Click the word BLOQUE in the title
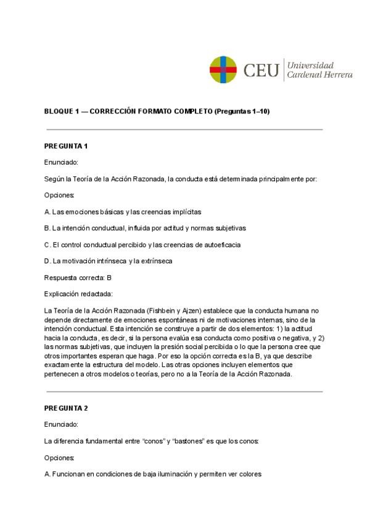pyautogui.click(x=59, y=111)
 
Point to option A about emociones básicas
pyautogui.click(x=123, y=212)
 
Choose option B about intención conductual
pyautogui.click(x=145, y=228)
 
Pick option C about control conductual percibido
pyautogui.click(x=142, y=244)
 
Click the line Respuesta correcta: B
pyautogui.click(x=78, y=278)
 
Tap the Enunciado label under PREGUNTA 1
pyautogui.click(x=61, y=162)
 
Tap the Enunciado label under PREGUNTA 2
pyautogui.click(x=61, y=425)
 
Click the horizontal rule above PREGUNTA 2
pyautogui.click(x=184, y=392)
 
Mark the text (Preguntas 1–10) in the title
pyautogui.click(x=242, y=111)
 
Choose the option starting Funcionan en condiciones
pyautogui.click(x=153, y=474)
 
